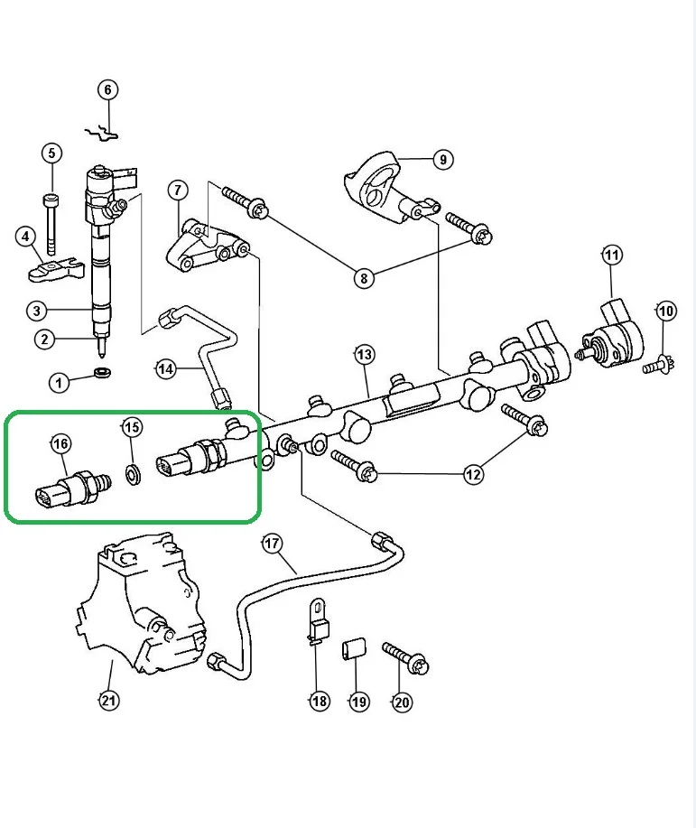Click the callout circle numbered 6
click(x=107, y=89)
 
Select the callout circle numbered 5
click(x=51, y=154)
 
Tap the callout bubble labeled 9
click(x=441, y=161)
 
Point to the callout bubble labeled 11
click(x=612, y=256)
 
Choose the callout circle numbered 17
click(x=272, y=544)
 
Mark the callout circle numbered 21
click(x=108, y=700)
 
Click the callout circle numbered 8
click(x=363, y=278)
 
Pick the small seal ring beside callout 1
click(x=104, y=373)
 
